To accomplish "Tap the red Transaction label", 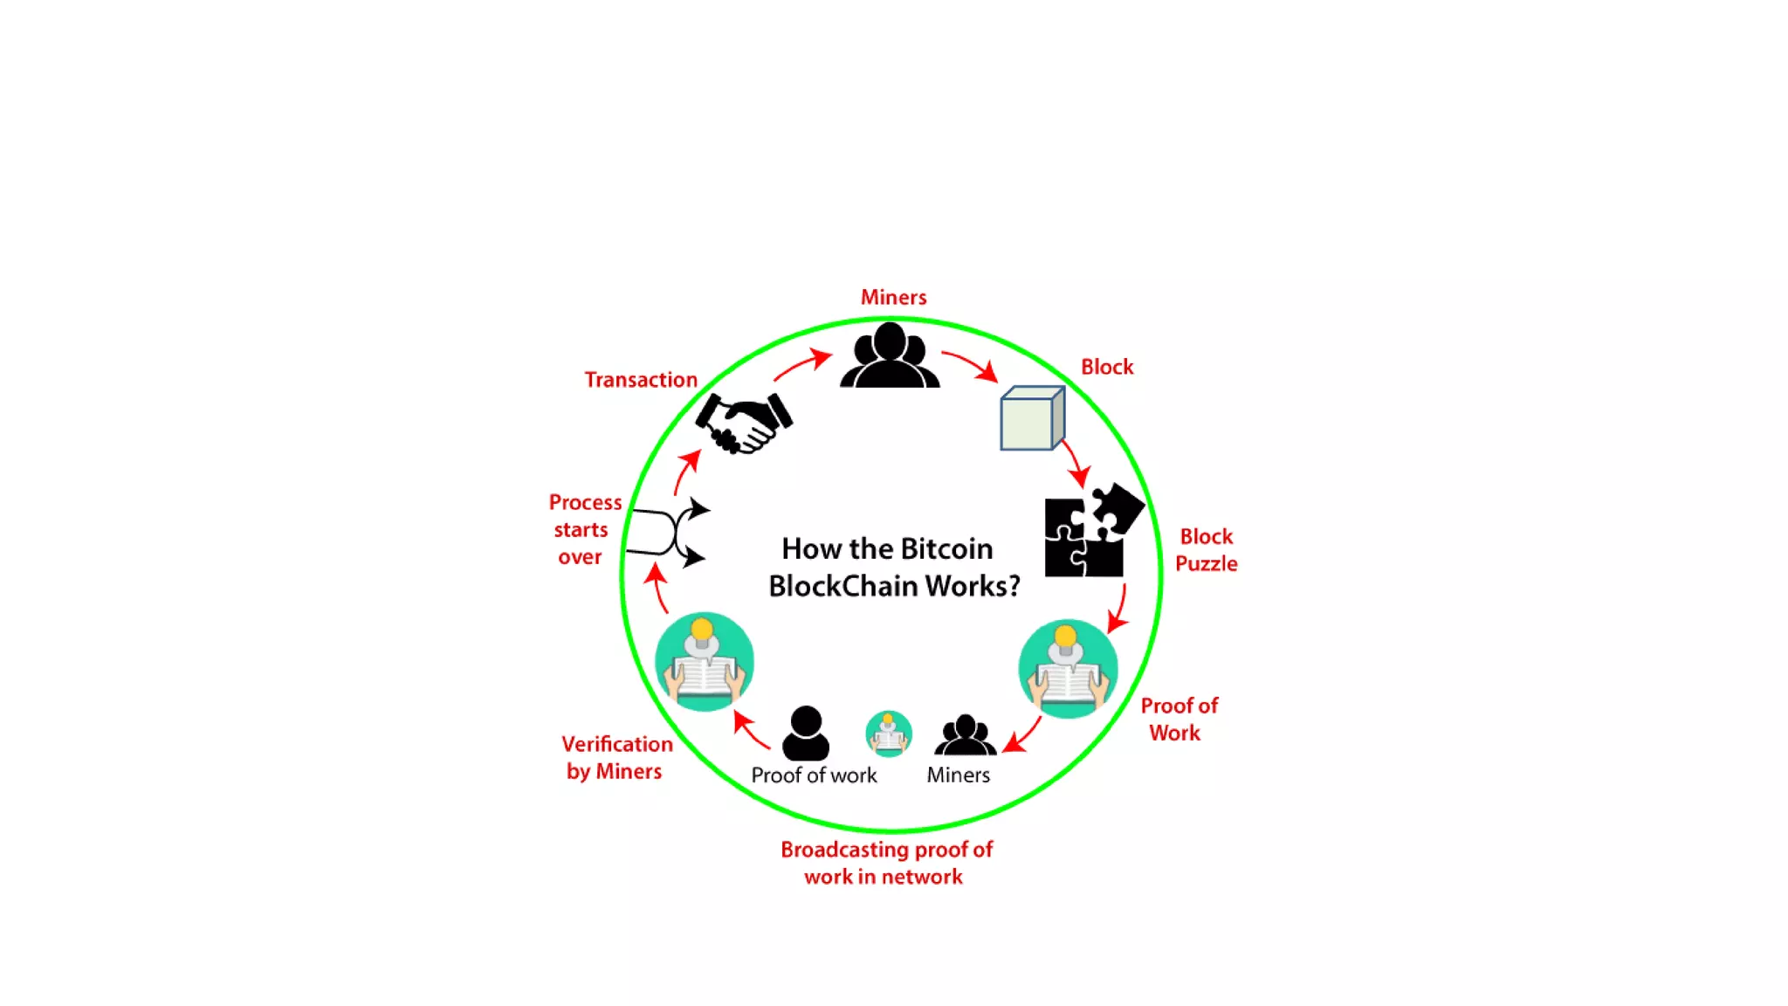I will click(x=641, y=380).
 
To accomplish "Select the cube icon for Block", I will click(x=1032, y=418).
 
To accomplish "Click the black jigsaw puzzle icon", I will click(x=1091, y=531).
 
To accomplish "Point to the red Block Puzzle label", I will click(x=1206, y=550).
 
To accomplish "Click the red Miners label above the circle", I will click(x=893, y=298).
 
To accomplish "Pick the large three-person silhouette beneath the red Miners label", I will click(x=890, y=355).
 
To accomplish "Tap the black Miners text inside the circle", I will click(x=958, y=775).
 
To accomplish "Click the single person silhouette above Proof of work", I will click(x=805, y=733).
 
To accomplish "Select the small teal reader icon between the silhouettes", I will click(x=889, y=733).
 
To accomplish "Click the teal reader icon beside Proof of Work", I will click(x=1068, y=669).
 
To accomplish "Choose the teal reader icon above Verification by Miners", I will click(x=705, y=661).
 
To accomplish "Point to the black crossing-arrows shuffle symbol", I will click(x=670, y=532).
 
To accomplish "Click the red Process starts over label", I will click(x=583, y=529).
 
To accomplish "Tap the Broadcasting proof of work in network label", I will click(x=886, y=863).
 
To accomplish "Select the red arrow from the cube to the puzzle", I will click(x=1075, y=463).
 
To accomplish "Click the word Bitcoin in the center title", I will click(x=946, y=548).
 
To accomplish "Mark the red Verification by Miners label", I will click(x=616, y=757).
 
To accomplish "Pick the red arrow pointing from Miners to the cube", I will click(x=970, y=364).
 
